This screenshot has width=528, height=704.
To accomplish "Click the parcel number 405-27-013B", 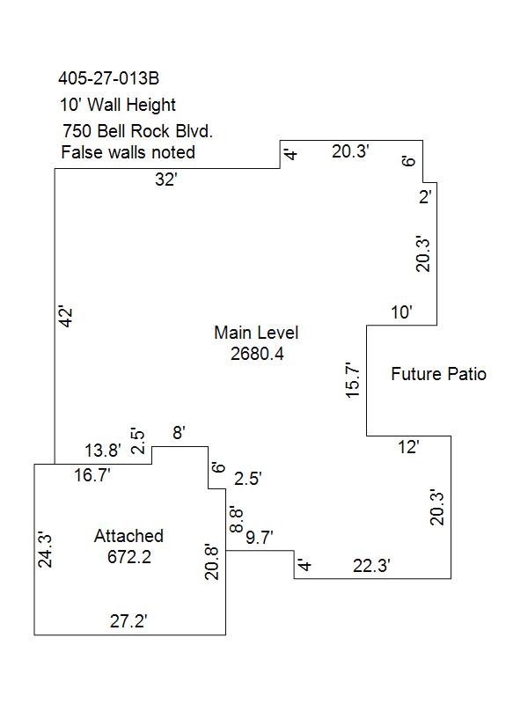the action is (108, 78).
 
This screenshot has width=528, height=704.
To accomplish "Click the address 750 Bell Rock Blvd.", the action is (137, 131).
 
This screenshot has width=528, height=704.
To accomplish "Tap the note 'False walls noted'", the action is (128, 152).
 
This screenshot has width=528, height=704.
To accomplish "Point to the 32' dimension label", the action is (166, 180).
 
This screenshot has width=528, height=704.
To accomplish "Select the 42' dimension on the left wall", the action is (65, 317).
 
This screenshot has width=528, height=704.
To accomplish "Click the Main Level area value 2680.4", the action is (257, 354).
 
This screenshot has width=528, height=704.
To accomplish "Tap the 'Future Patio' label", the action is (438, 374).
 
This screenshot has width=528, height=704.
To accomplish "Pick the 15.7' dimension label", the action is (353, 379).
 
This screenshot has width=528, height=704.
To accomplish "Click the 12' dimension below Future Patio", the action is (408, 447).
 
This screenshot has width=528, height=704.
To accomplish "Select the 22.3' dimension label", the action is (371, 566).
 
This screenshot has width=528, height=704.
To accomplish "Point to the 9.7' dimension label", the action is (260, 537).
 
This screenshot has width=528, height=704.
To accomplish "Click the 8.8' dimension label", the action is (236, 520).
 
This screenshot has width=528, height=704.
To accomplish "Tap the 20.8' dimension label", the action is (211, 562).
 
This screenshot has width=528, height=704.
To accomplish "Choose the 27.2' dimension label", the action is (128, 621).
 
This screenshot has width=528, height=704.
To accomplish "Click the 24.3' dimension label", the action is (45, 550).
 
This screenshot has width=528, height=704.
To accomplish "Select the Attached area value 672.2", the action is (129, 557).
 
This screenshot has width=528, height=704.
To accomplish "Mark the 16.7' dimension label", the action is (92, 475).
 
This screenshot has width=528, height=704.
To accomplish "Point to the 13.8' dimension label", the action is (103, 451).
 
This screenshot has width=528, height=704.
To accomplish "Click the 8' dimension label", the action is (180, 433).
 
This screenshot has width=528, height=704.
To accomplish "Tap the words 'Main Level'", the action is (256, 333).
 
